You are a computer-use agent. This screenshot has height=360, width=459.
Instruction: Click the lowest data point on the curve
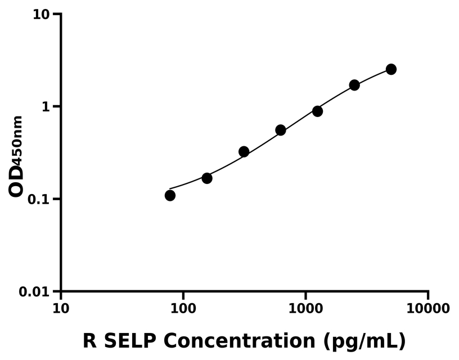[x=170, y=195]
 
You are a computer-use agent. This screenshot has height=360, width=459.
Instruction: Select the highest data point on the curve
[x=391, y=69]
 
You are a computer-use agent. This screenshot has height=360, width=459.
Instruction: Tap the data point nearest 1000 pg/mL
[x=317, y=111]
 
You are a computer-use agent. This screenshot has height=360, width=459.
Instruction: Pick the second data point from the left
[x=207, y=178]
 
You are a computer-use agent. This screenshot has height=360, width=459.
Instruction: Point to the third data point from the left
[x=244, y=151]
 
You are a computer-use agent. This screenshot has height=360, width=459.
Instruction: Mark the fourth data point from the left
[x=281, y=130]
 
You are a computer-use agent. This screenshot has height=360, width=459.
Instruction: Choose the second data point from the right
[x=354, y=85]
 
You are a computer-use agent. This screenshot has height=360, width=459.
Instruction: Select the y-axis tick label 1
[x=47, y=106]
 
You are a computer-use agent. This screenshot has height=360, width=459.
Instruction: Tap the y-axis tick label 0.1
[x=39, y=199]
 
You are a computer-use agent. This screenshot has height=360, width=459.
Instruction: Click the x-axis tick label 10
[x=61, y=308]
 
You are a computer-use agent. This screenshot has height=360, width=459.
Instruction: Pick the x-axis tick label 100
[x=183, y=308]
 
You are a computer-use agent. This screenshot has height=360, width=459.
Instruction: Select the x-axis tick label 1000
[x=305, y=308]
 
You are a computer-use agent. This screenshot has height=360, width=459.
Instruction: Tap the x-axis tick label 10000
[x=427, y=308]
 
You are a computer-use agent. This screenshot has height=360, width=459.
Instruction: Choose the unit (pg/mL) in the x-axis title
[x=364, y=341]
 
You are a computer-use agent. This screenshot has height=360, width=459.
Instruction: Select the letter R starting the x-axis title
[x=89, y=341]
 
